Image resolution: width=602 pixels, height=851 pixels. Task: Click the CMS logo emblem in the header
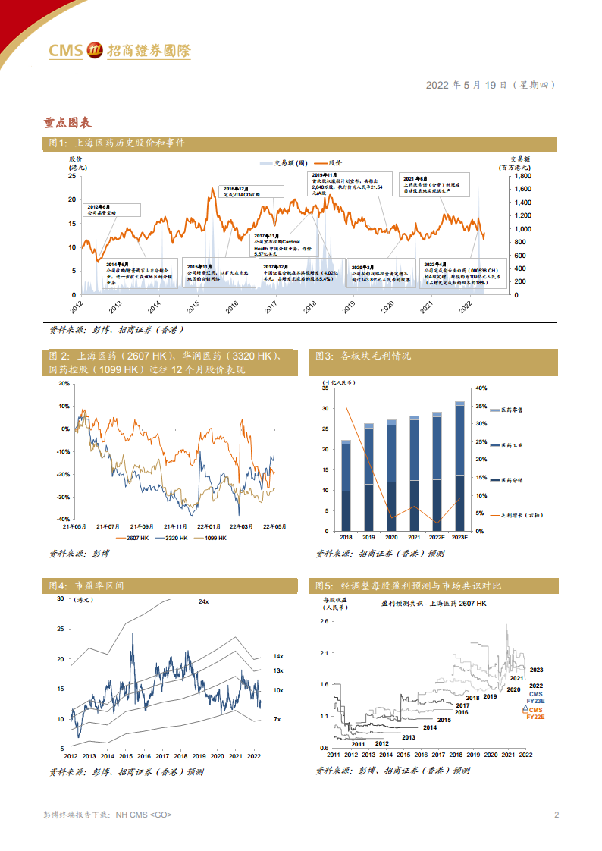[96, 50]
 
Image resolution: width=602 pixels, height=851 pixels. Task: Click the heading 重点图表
[69, 121]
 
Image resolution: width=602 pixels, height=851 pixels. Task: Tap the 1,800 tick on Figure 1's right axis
[523, 176]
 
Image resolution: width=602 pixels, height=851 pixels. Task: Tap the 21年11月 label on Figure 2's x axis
[177, 526]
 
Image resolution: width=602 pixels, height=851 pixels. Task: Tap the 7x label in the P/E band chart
[277, 718]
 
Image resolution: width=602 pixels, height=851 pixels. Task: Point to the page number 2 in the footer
[557, 815]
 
